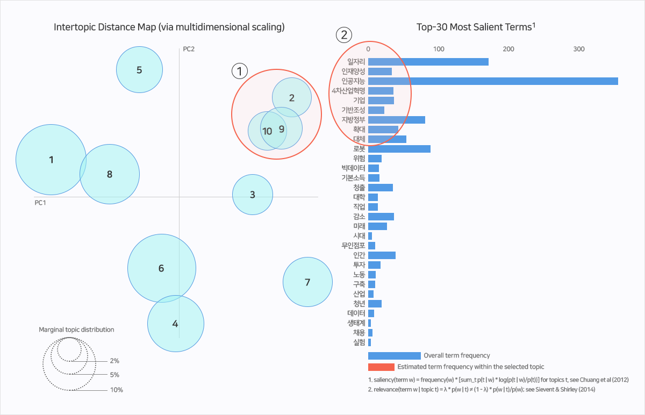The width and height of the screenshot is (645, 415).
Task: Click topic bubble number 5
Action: pyautogui.click(x=139, y=69)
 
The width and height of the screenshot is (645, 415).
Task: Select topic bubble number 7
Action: pyautogui.click(x=307, y=282)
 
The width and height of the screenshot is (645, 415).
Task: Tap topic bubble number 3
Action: pyautogui.click(x=253, y=195)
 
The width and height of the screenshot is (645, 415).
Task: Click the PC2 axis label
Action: pyautogui.click(x=189, y=49)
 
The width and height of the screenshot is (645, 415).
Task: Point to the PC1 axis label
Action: pyautogui.click(x=40, y=203)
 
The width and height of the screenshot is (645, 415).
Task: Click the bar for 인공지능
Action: pyautogui.click(x=492, y=81)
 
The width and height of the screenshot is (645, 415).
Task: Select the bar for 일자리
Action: pyautogui.click(x=428, y=62)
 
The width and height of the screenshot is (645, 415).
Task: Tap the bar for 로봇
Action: pyautogui.click(x=399, y=149)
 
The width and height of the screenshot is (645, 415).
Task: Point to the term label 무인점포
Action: pyautogui.click(x=353, y=246)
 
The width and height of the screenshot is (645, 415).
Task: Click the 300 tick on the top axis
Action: pyautogui.click(x=578, y=49)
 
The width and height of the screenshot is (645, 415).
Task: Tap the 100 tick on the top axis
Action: pyautogui.click(x=439, y=49)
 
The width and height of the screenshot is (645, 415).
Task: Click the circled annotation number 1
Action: pyautogui.click(x=239, y=70)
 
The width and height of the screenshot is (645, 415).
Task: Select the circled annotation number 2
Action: pyautogui.click(x=344, y=35)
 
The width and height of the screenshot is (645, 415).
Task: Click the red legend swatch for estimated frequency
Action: pyautogui.click(x=381, y=367)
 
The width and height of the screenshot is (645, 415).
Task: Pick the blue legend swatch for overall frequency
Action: pyautogui.click(x=394, y=355)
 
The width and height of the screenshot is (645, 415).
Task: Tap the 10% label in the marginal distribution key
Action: pyautogui.click(x=116, y=390)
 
